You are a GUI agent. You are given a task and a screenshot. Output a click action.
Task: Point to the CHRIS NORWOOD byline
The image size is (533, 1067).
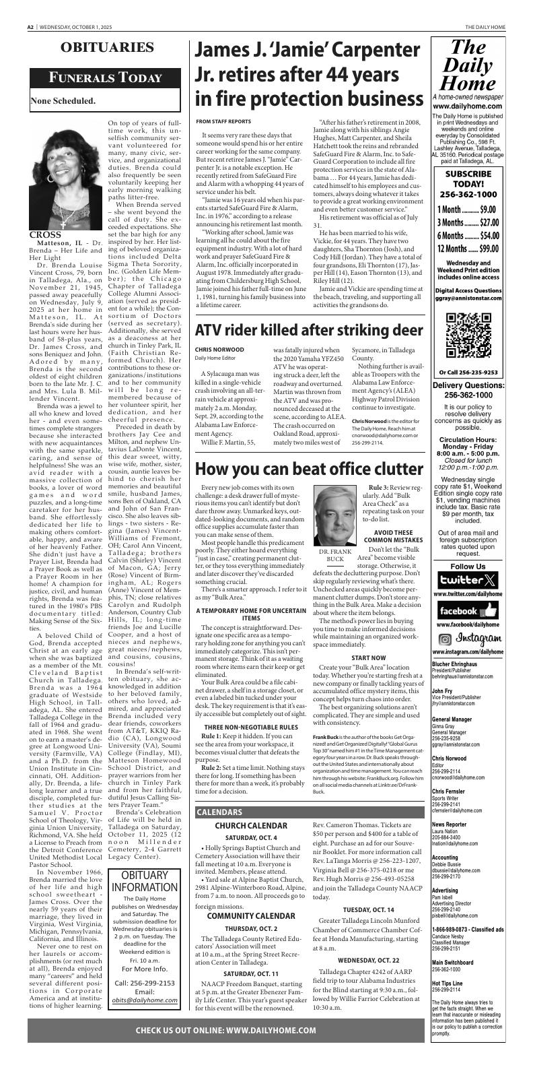pos(219,350)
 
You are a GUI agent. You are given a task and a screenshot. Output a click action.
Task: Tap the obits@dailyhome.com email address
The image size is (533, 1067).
pos(146,1000)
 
